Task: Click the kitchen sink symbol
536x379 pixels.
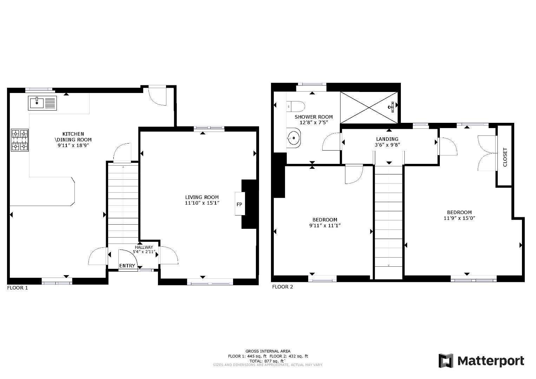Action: [42, 103]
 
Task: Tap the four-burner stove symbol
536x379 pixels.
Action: [20, 140]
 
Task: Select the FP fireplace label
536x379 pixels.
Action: [239, 204]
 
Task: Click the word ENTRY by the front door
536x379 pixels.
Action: [127, 266]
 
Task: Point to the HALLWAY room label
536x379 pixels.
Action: [144, 247]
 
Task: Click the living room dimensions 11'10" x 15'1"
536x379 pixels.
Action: [202, 203]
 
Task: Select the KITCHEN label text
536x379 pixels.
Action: [73, 134]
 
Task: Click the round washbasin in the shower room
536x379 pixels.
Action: [293, 138]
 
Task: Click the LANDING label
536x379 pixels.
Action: [387, 139]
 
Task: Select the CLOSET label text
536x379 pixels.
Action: [505, 157]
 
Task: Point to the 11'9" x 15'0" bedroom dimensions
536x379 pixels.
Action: [459, 218]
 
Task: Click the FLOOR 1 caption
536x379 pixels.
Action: [17, 288]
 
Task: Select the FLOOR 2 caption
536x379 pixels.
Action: [282, 287]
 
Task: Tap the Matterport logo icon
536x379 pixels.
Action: [446, 361]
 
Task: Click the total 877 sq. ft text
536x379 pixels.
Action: [268, 361]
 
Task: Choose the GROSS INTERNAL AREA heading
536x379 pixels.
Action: [268, 351]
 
